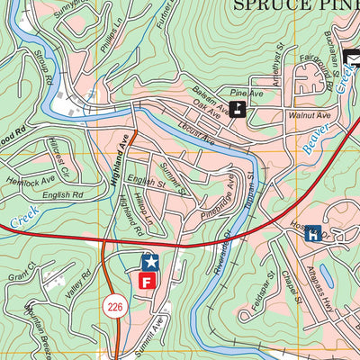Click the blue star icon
click(150, 263)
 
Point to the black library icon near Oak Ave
click(237, 110)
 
